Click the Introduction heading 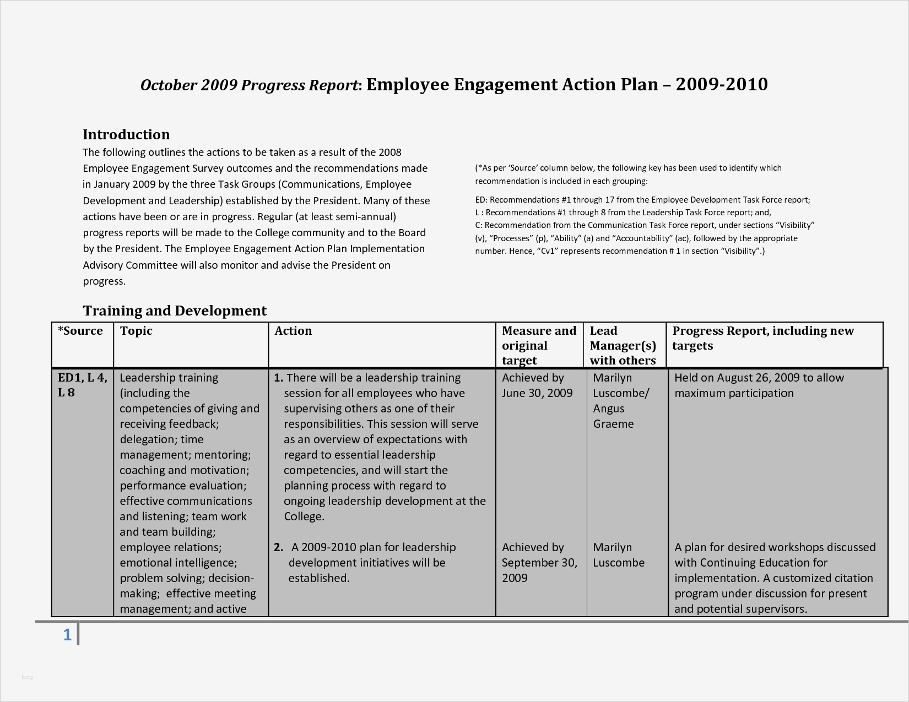click(126, 134)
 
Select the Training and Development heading click(175, 311)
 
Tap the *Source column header click(80, 331)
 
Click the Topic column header click(136, 331)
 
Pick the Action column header click(293, 331)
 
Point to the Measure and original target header click(538, 345)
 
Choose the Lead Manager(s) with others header click(623, 345)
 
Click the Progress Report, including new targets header click(762, 338)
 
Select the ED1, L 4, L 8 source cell click(82, 385)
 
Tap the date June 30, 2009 click(537, 393)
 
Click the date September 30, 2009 click(539, 570)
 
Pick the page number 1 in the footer click(67, 635)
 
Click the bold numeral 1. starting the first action click(278, 378)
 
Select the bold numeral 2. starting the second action click(278, 547)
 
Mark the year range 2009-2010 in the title click(721, 84)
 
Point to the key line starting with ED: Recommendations click(642, 200)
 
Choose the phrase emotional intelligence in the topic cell click(177, 563)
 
